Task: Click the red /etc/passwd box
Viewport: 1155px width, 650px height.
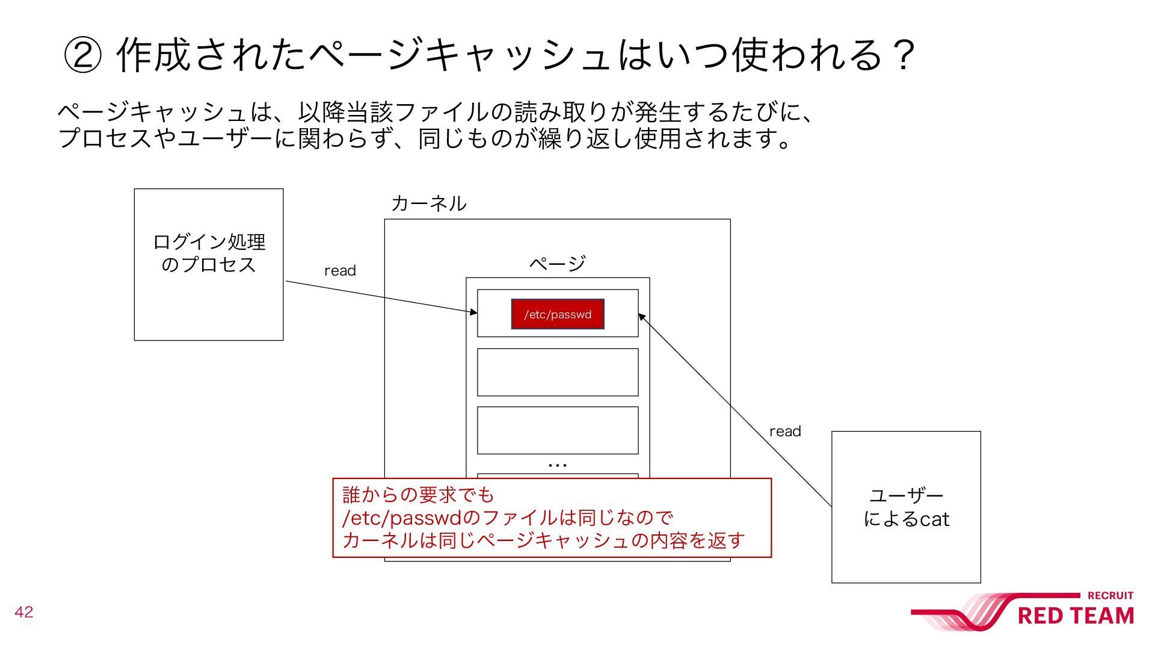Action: tap(558, 314)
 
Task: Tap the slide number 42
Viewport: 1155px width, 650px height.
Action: tap(24, 612)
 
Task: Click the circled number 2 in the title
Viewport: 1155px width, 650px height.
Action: tap(82, 55)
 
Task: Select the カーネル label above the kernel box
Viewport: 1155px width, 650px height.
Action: tap(428, 203)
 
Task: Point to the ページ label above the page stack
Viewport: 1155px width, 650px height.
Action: tap(557, 263)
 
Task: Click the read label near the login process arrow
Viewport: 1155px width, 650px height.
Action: tap(340, 271)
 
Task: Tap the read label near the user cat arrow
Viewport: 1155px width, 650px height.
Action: tap(785, 432)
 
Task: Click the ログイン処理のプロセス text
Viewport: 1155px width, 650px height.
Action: tap(209, 253)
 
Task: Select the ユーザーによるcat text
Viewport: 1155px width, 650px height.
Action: tap(906, 507)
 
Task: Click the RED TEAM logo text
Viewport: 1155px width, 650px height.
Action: tap(1076, 616)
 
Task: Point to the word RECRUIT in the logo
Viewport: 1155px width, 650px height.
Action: tap(1110, 596)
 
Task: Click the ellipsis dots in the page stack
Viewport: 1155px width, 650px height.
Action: tap(558, 465)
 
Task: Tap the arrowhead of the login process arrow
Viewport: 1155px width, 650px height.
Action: tap(474, 312)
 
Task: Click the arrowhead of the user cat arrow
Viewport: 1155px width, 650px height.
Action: tap(641, 317)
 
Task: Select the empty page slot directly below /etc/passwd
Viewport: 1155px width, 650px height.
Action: tap(558, 372)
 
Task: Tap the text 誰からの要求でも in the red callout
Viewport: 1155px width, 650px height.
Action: tap(418, 495)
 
